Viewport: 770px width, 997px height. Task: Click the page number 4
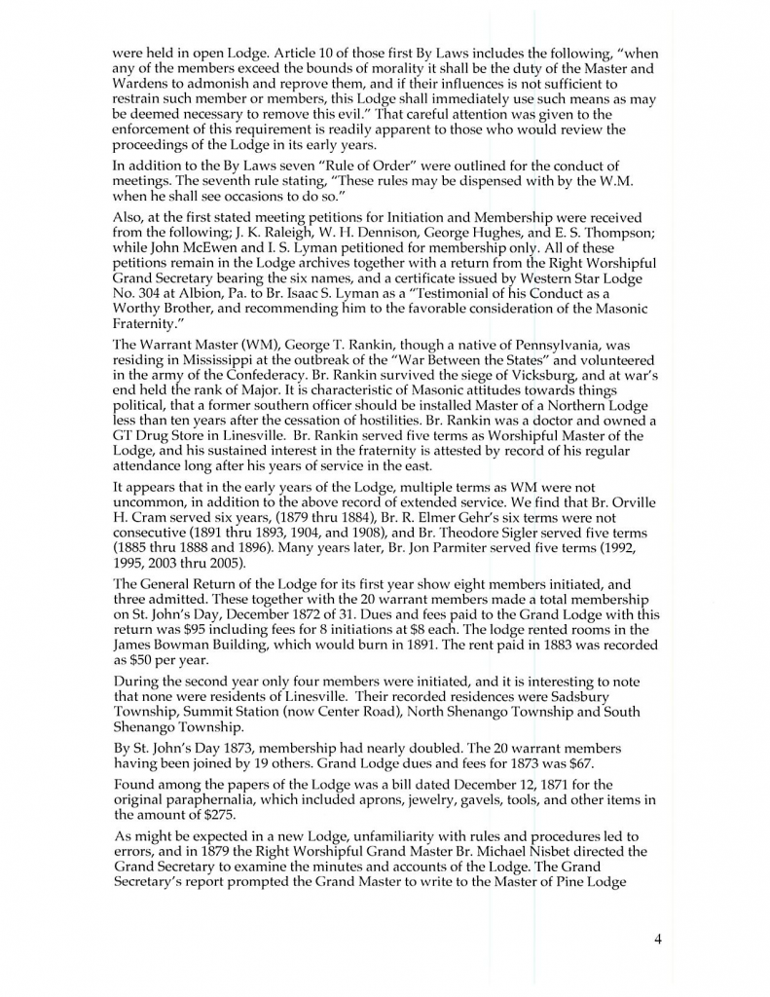tap(658, 939)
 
